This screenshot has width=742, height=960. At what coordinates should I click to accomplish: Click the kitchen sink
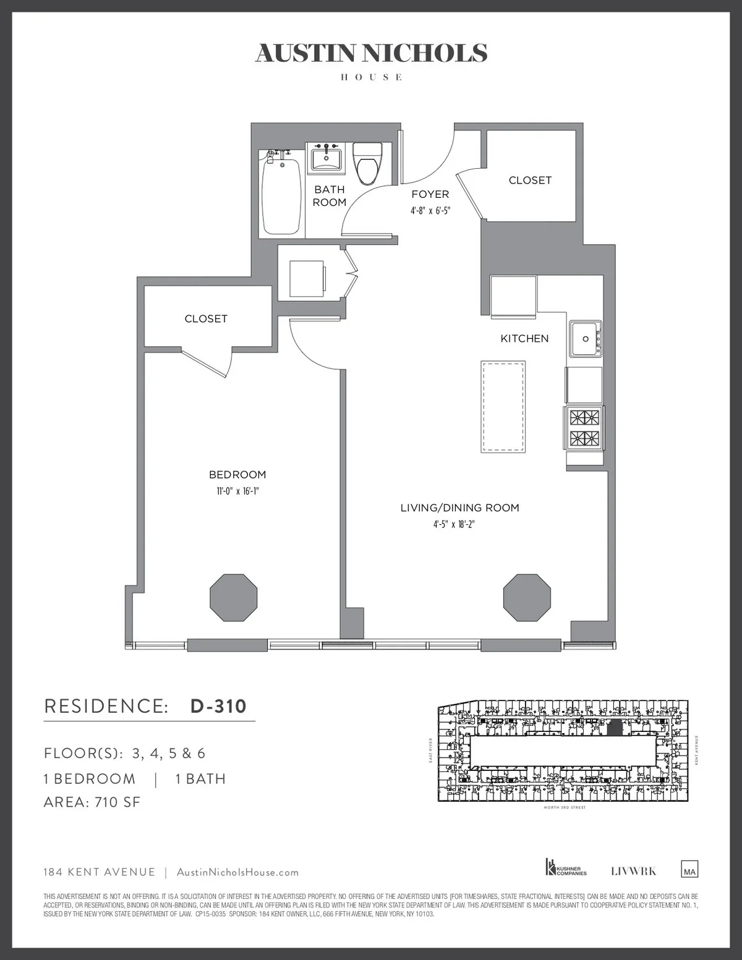click(585, 338)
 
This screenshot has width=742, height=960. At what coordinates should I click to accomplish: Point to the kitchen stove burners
click(584, 427)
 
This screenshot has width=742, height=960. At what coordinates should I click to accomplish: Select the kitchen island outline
click(503, 407)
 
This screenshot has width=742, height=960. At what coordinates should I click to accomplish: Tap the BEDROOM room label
click(237, 475)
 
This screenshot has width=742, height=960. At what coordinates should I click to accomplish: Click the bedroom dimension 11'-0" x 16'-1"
click(237, 491)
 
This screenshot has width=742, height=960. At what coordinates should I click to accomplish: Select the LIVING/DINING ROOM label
click(459, 508)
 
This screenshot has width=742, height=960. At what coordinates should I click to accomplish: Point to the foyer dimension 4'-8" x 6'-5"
click(430, 210)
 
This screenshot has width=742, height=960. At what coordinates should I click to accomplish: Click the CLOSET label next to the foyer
click(530, 181)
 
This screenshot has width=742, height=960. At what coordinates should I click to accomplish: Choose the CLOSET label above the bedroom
click(206, 319)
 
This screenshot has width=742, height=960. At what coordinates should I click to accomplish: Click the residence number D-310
click(218, 706)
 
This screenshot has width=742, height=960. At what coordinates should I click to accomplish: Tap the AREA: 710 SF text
click(92, 802)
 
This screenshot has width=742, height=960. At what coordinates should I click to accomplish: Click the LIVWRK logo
click(633, 871)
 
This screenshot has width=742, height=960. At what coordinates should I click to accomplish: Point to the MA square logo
click(689, 869)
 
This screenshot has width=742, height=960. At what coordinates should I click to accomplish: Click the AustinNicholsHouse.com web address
click(237, 872)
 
